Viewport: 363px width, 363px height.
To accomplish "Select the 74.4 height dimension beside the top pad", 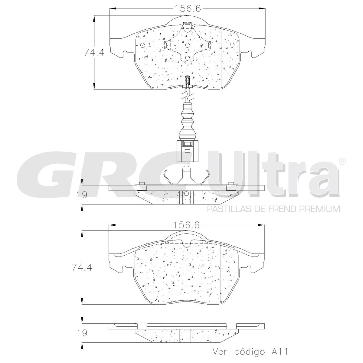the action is (x=94, y=52).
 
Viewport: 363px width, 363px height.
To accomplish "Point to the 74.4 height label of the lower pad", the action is (x=82, y=267).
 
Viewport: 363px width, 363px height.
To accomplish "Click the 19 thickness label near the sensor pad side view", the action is (x=82, y=195).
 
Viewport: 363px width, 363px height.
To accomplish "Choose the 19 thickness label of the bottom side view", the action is (x=82, y=333).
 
